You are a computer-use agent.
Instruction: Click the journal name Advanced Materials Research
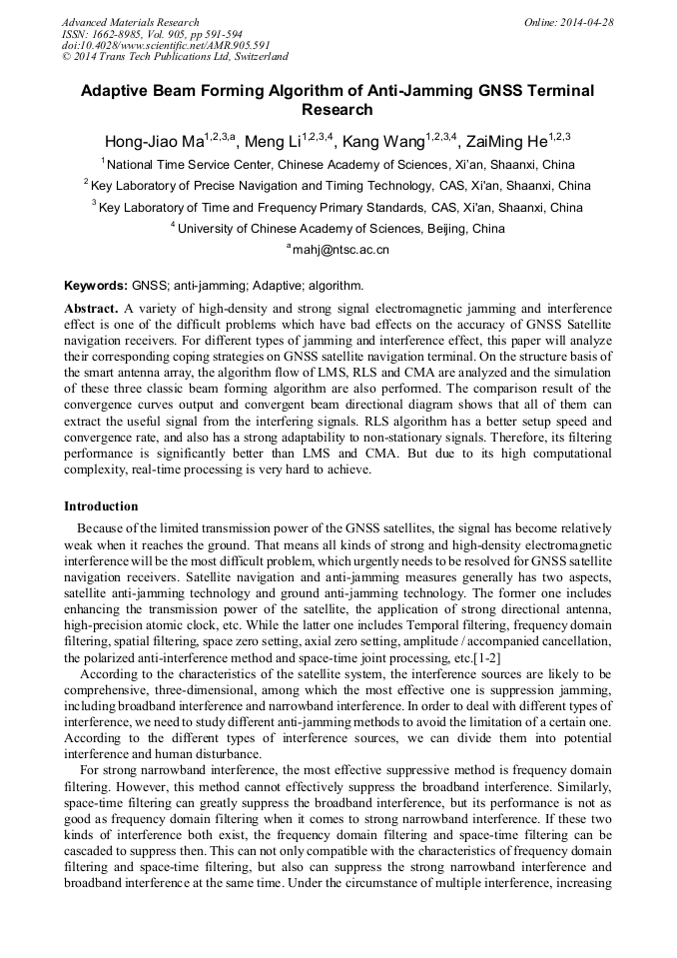(130, 22)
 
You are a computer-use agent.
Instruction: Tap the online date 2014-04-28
(590, 22)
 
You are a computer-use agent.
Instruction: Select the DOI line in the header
(167, 46)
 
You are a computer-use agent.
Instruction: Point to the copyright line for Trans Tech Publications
(175, 58)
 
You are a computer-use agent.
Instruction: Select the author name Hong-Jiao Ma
(153, 141)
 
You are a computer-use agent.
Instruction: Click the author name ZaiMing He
(501, 141)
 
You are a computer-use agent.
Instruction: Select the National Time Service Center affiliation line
(338, 165)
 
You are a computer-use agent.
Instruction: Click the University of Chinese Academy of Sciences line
(338, 229)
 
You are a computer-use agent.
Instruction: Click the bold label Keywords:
(96, 285)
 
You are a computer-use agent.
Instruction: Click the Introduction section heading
(101, 506)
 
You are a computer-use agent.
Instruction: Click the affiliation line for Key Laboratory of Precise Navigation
(338, 186)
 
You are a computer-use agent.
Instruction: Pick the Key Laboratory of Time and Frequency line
(338, 208)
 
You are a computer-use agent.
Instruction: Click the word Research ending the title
(338, 110)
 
